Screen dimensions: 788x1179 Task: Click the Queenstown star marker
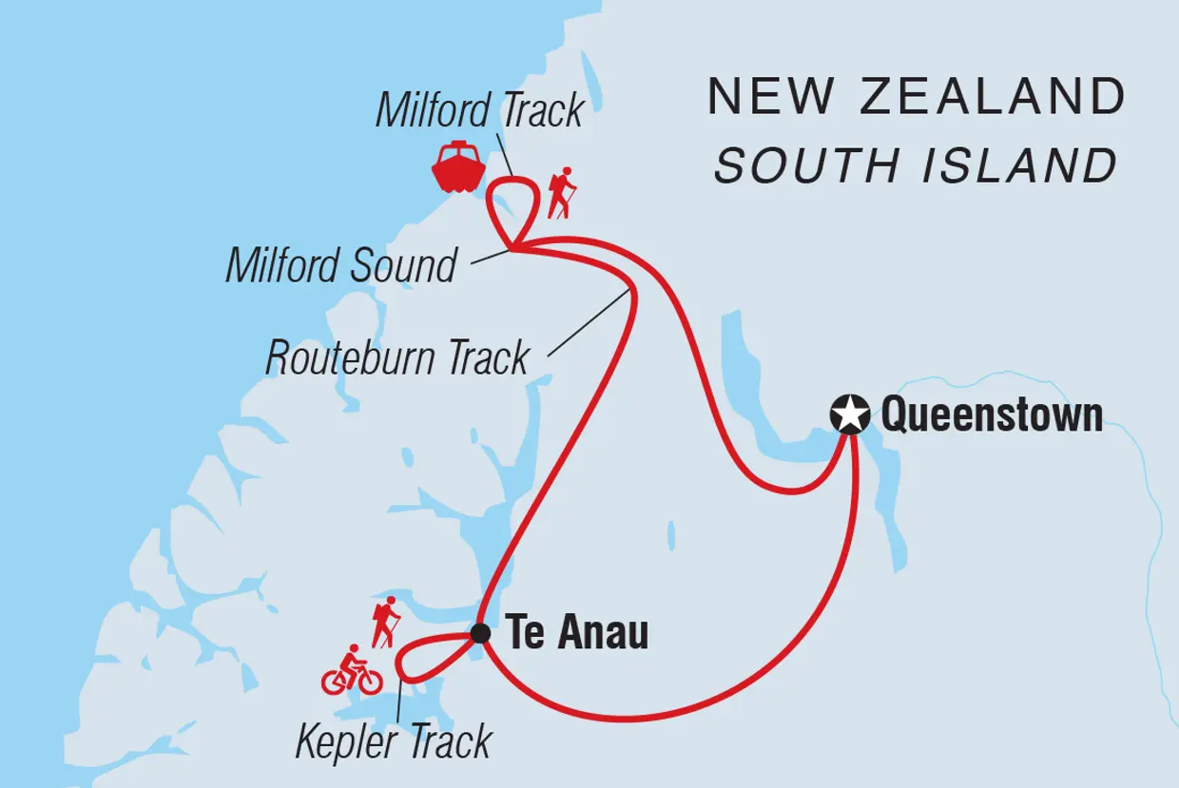click(849, 415)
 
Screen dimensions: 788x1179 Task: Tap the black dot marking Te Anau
click(480, 633)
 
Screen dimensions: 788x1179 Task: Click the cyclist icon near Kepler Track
click(352, 671)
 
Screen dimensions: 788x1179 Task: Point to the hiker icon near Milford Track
click(561, 193)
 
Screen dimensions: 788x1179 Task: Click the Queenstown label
click(992, 415)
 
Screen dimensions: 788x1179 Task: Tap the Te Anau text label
click(577, 633)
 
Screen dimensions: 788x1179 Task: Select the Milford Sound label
click(341, 264)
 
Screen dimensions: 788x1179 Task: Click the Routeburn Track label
click(397, 357)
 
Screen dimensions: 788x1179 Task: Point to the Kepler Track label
click(393, 741)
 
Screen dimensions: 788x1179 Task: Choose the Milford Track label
click(479, 110)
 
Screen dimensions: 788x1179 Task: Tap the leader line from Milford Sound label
click(489, 255)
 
